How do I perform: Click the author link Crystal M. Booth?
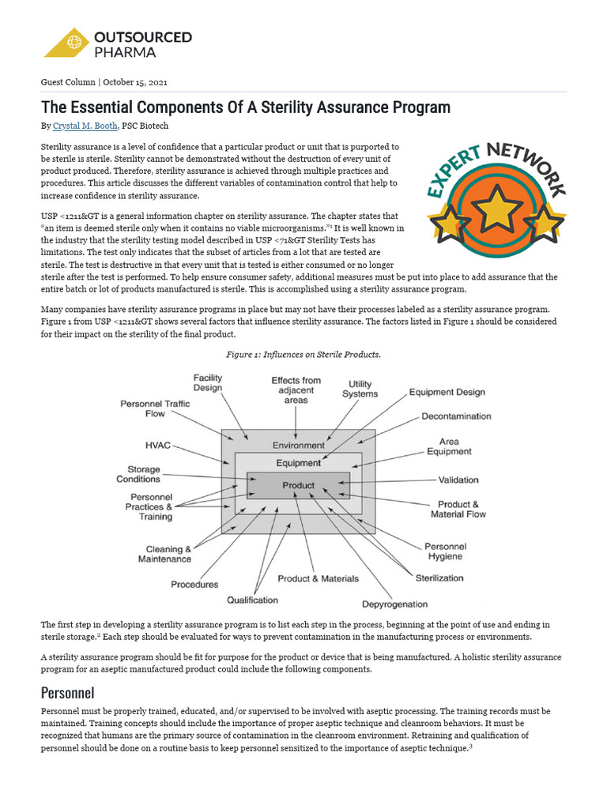pyautogui.click(x=85, y=126)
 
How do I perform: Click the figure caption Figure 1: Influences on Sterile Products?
pyautogui.click(x=303, y=354)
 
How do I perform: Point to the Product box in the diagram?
pyautogui.click(x=298, y=485)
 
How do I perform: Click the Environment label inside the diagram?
pyautogui.click(x=298, y=445)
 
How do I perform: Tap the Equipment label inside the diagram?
pyautogui.click(x=298, y=462)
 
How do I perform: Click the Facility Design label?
pyautogui.click(x=208, y=383)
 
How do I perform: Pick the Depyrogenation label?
pyautogui.click(x=395, y=604)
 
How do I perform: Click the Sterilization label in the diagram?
pyautogui.click(x=439, y=578)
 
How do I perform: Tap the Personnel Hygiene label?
pyautogui.click(x=446, y=551)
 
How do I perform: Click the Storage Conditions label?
pyautogui.click(x=138, y=474)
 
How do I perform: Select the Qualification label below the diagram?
pyautogui.click(x=252, y=600)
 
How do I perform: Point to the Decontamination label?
pyautogui.click(x=456, y=416)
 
